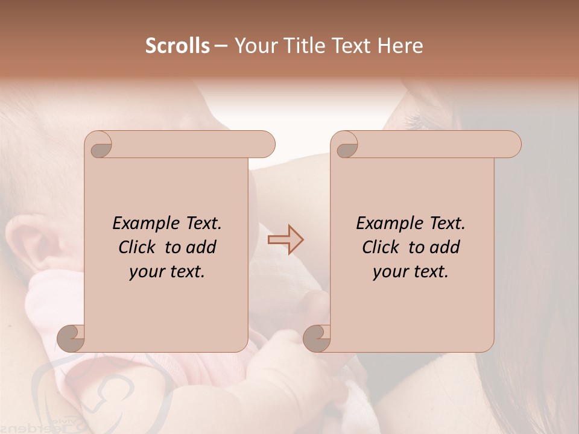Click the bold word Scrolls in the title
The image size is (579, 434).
(x=177, y=46)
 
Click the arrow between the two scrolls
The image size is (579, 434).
(x=286, y=240)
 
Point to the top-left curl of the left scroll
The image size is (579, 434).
(x=100, y=145)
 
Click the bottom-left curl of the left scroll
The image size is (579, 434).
(x=71, y=338)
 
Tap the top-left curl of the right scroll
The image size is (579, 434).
(x=346, y=145)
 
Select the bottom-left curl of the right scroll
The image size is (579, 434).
(x=317, y=338)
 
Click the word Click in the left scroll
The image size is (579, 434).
(x=138, y=247)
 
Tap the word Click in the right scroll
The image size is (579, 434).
(x=382, y=247)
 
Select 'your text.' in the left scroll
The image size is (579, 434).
(x=167, y=271)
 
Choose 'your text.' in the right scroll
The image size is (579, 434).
(x=411, y=271)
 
